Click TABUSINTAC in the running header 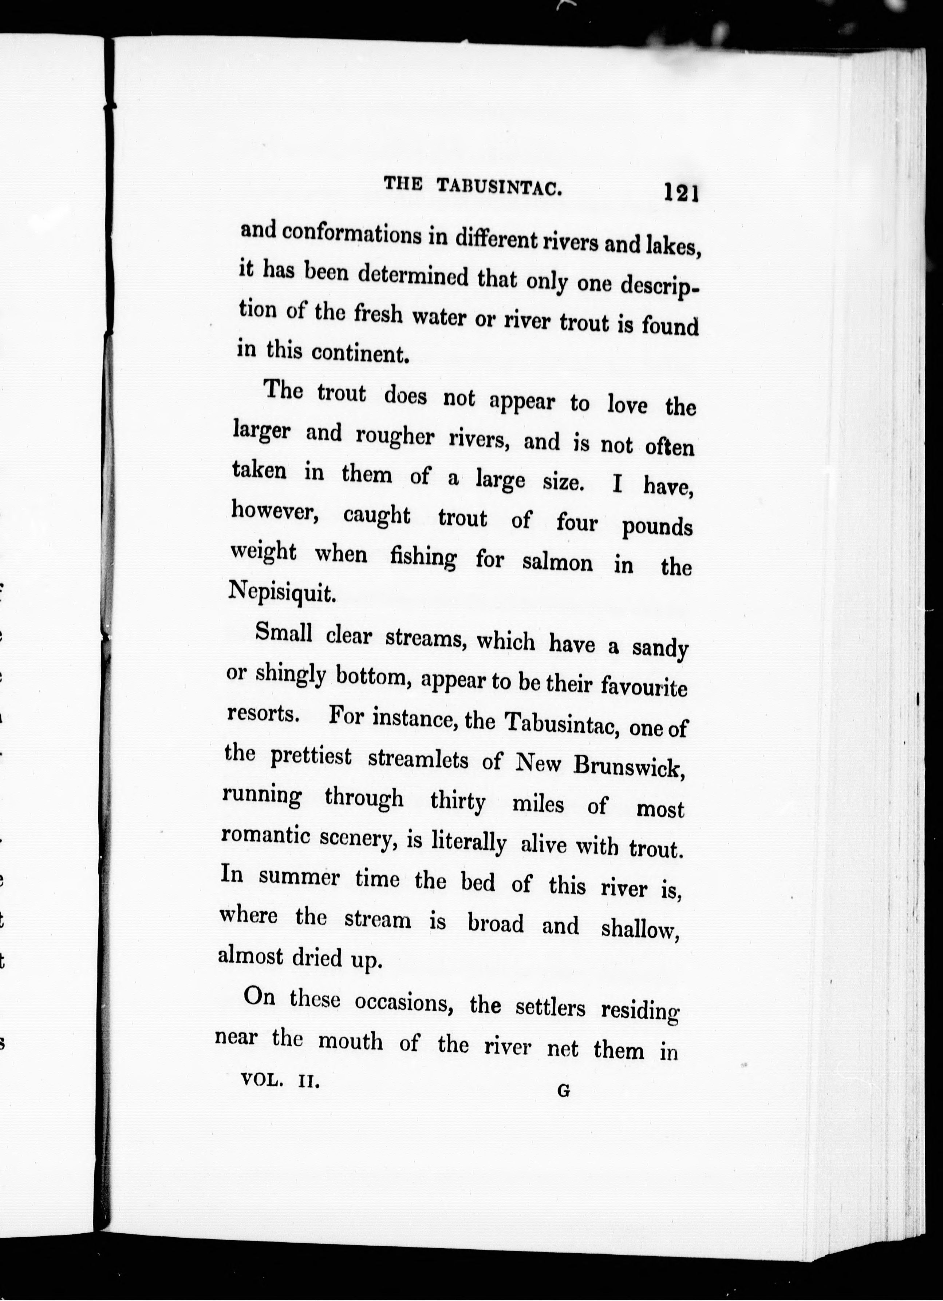(x=499, y=186)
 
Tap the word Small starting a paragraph (x=284, y=633)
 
